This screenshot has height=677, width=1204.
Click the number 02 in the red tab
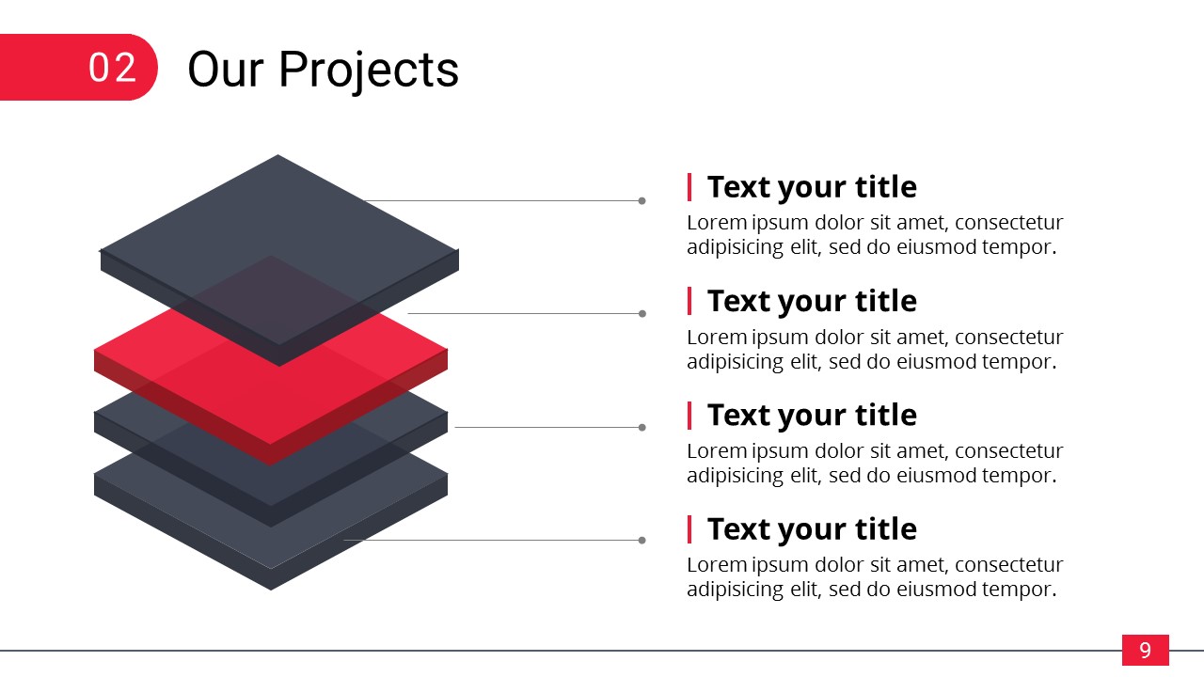tap(112, 68)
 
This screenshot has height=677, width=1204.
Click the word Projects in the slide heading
tap(369, 71)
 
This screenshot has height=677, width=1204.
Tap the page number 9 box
tap(1145, 650)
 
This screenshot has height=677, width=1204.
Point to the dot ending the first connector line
tap(642, 201)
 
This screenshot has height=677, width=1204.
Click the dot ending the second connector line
tap(642, 314)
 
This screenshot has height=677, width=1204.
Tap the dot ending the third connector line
tap(642, 428)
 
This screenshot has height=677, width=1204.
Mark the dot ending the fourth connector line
tap(642, 541)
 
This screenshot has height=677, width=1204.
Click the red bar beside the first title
tap(689, 187)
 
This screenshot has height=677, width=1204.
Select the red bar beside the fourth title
tap(689, 529)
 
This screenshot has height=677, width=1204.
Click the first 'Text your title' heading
tap(812, 188)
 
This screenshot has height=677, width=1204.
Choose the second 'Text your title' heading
tap(812, 302)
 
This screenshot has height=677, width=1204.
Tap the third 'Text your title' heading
tap(812, 416)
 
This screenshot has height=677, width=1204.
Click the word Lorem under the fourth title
tap(717, 565)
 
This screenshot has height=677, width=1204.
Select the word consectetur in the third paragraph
tap(1009, 451)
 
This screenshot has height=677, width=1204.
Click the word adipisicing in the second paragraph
tap(736, 363)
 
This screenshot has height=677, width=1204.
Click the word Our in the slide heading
tap(226, 70)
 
